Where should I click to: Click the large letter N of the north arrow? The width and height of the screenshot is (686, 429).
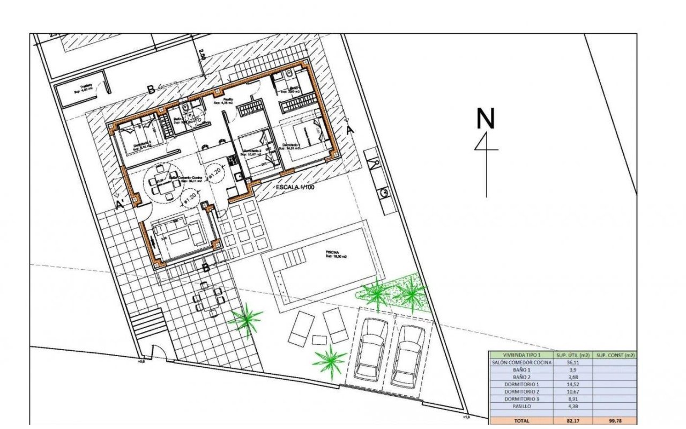pyautogui.click(x=486, y=119)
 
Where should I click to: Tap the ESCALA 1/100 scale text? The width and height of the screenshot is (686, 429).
pyautogui.click(x=303, y=188)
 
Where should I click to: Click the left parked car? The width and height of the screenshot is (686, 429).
pyautogui.click(x=371, y=349)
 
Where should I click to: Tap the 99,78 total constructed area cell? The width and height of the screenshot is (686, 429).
pyautogui.click(x=616, y=421)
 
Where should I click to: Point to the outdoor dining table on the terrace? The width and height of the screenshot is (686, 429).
pyautogui.click(x=208, y=298)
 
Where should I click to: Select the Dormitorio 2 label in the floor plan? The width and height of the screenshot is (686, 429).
pyautogui.click(x=252, y=151)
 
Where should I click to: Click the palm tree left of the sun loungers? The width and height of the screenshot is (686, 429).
pyautogui.click(x=246, y=320)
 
